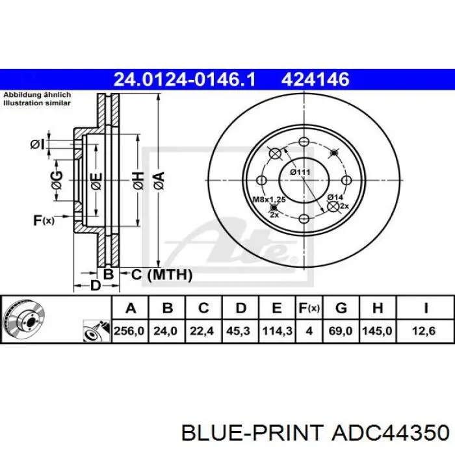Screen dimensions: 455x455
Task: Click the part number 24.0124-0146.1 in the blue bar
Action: point(184,79)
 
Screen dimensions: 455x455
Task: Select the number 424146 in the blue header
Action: point(315,79)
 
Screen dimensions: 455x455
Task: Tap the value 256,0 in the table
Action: point(129,331)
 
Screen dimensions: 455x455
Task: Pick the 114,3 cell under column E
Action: point(277,331)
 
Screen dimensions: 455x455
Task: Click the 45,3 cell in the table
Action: point(238,331)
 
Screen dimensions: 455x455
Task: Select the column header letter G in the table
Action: point(341,308)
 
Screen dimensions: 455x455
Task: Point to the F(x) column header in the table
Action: point(309,308)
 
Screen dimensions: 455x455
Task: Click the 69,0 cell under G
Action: point(340,331)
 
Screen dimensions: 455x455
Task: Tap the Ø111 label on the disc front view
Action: point(300,172)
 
